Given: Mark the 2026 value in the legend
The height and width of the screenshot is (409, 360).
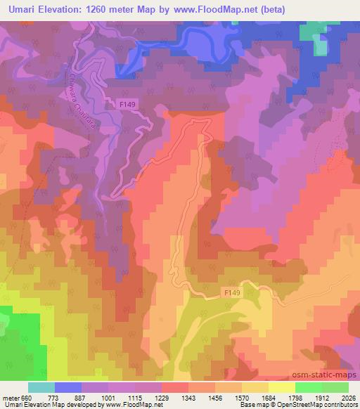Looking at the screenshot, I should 349,397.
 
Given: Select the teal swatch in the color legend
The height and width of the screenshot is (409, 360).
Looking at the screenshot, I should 41,387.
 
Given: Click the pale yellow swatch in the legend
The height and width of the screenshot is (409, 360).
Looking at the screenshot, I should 281,387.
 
